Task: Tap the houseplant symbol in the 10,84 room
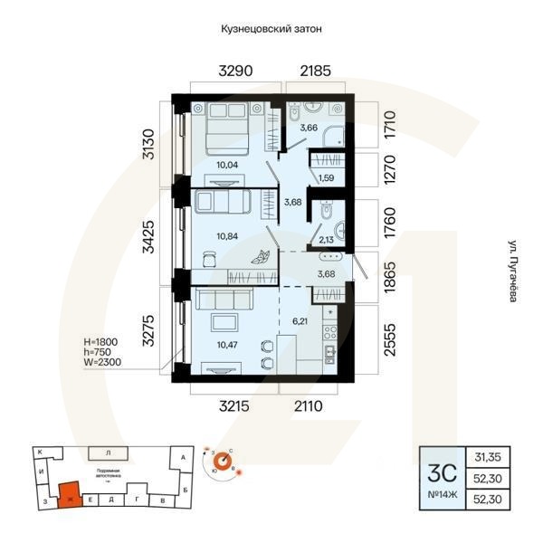point(261,257)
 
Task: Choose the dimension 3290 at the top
point(233,70)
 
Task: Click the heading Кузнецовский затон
point(271,29)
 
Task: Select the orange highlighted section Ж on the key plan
point(68,495)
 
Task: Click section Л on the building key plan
point(108,451)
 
